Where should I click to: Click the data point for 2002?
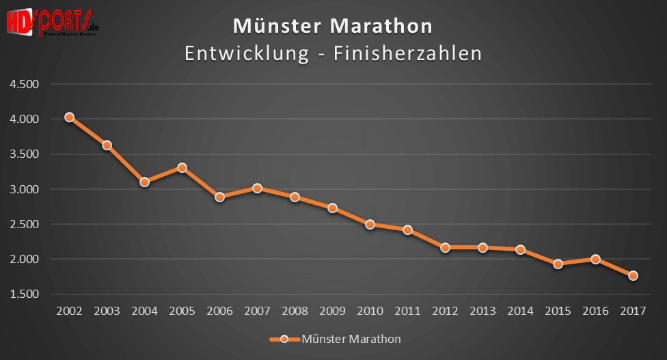tap(69, 117)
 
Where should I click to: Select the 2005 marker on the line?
tap(182, 167)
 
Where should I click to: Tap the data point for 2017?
tap(633, 276)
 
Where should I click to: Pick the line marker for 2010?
tap(370, 224)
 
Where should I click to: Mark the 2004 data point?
tap(144, 182)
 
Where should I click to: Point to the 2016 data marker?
tap(595, 259)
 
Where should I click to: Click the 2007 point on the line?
tap(257, 188)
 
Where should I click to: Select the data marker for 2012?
tap(445, 247)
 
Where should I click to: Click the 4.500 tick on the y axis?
tap(25, 84)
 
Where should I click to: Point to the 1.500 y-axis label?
tap(25, 294)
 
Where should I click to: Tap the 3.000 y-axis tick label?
tap(25, 189)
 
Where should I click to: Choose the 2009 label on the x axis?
tap(332, 311)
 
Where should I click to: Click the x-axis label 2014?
tap(520, 311)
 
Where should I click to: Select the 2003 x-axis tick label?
tap(107, 311)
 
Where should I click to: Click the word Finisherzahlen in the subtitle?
tap(407, 53)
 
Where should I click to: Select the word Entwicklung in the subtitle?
tap(246, 53)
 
